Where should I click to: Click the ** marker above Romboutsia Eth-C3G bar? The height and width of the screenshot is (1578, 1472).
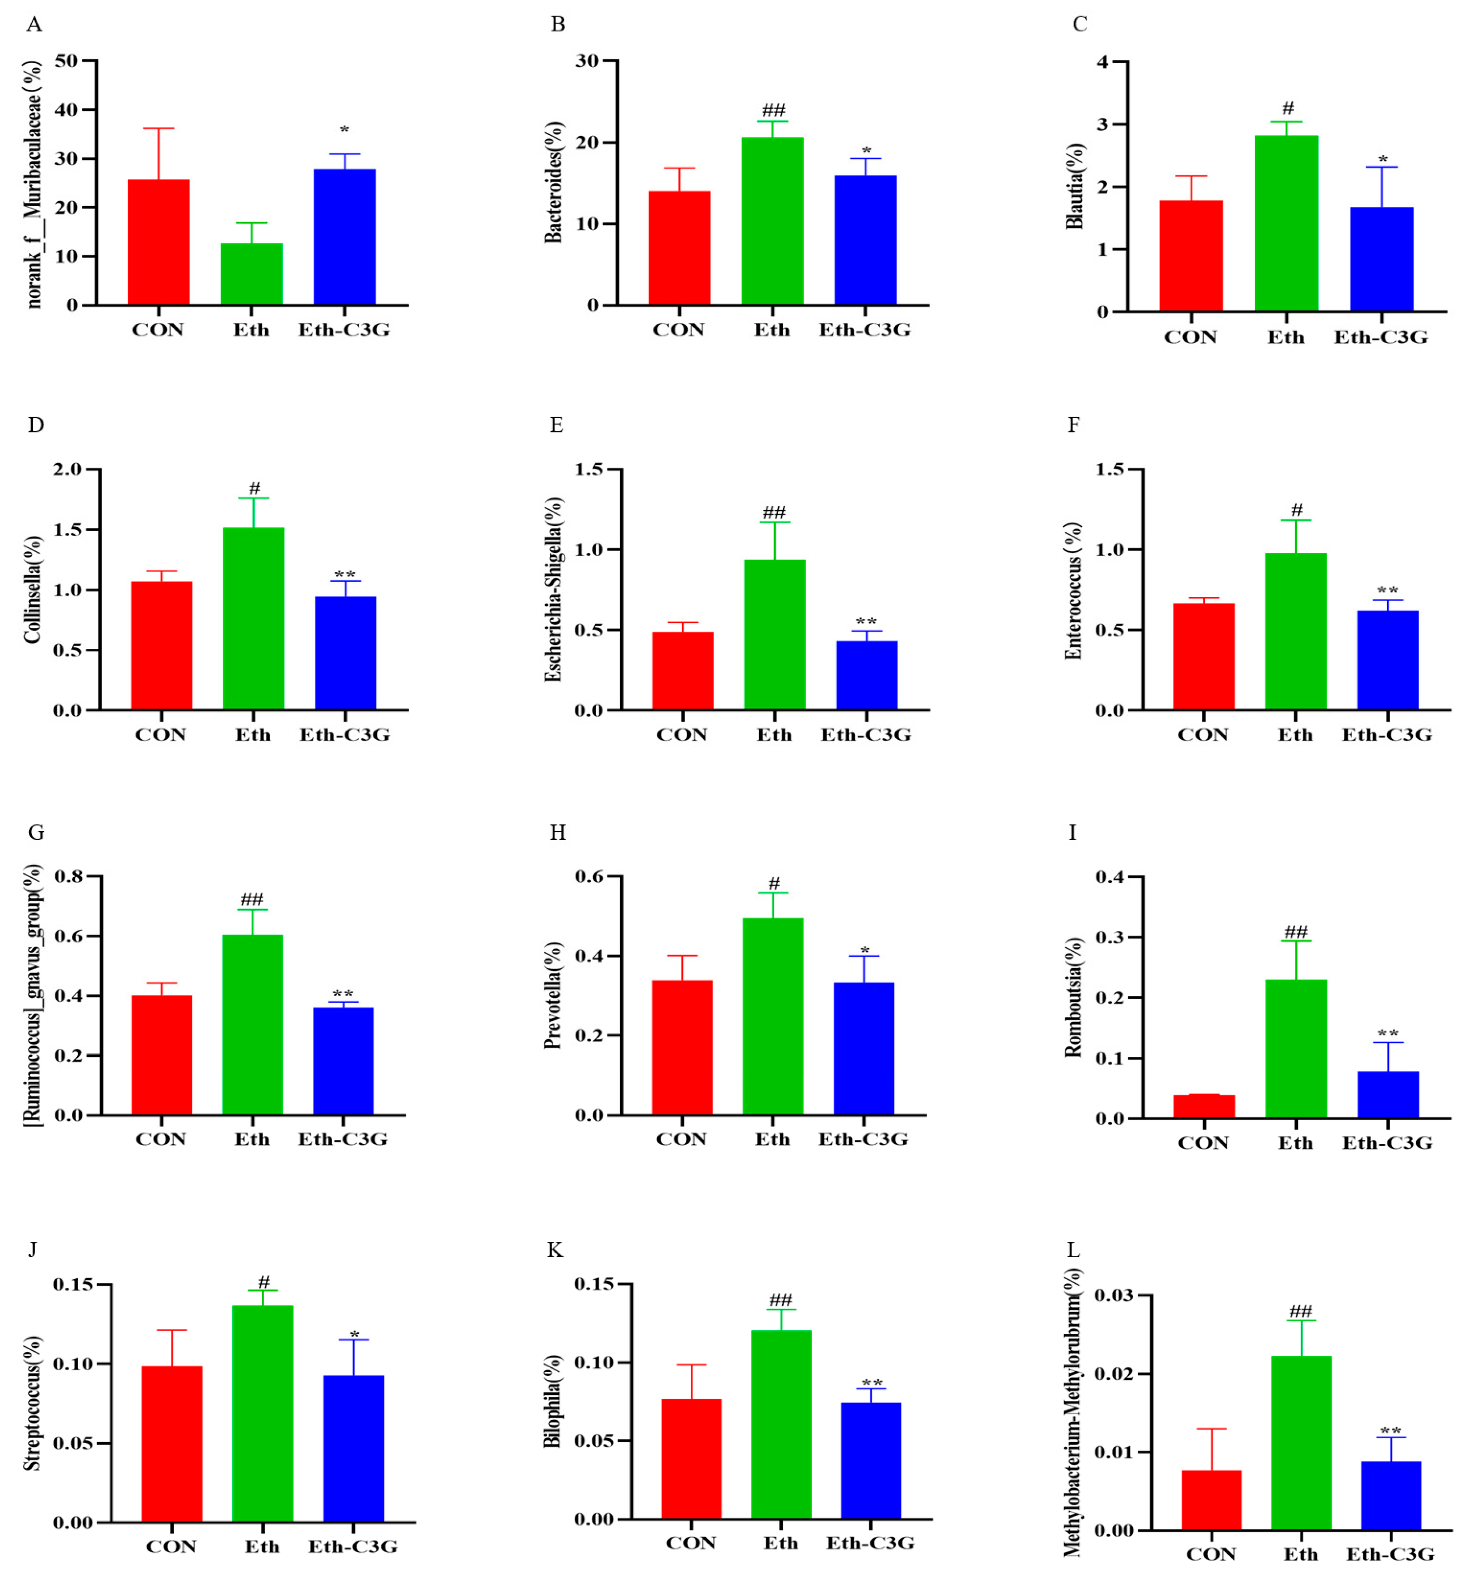point(1387,1034)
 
